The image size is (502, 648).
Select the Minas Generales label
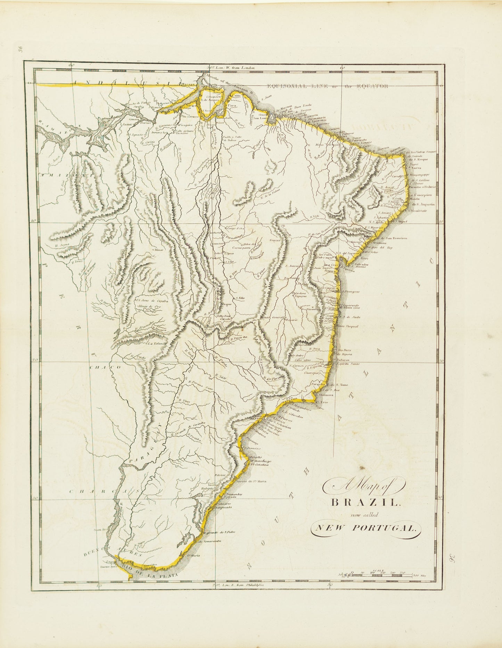point(273,317)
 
